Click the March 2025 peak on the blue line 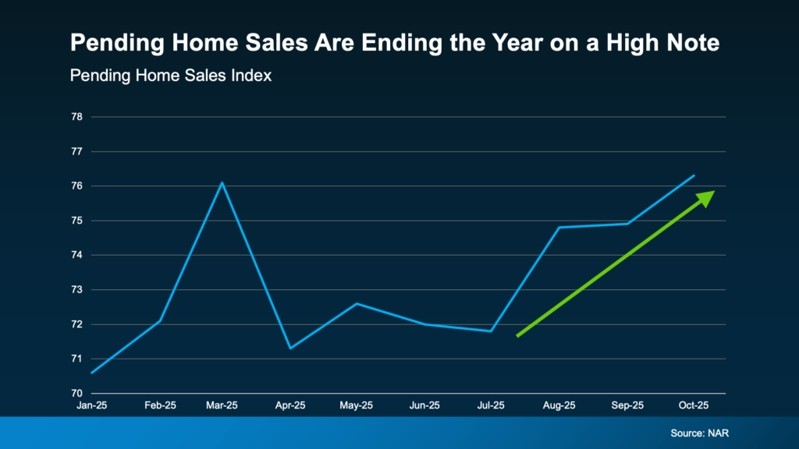222,182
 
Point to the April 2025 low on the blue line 290,348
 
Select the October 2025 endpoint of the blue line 694,175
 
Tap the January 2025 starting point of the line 92,373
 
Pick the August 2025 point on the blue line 559,228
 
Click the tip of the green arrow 713,192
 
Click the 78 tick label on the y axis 76,117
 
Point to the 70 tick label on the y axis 76,394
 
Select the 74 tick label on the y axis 76,255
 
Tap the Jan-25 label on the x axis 92,405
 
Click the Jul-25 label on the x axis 492,405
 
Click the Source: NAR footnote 698,432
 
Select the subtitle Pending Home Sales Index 170,76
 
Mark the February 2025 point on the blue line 159,320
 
